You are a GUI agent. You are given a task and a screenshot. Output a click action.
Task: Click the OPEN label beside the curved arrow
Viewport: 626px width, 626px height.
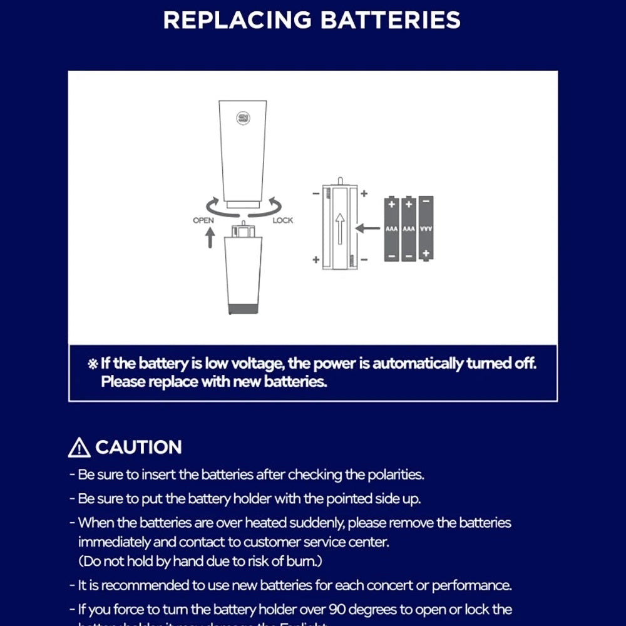203,220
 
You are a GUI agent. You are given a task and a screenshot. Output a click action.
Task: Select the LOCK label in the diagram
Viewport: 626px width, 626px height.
283,220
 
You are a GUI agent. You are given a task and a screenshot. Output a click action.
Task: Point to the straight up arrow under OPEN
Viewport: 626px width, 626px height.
210,237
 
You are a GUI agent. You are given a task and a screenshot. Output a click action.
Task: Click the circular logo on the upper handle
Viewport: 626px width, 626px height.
244,118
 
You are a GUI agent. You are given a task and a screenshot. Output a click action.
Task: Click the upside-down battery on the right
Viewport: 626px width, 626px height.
426,228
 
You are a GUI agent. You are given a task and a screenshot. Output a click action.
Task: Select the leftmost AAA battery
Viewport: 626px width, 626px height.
392,228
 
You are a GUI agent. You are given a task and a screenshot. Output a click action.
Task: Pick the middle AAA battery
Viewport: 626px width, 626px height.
409,228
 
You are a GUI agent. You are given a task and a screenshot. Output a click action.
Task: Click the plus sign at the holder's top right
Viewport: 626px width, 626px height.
364,193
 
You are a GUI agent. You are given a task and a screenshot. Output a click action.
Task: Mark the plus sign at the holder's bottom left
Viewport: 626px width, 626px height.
316,259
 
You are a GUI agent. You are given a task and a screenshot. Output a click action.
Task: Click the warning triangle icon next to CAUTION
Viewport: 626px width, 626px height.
80,448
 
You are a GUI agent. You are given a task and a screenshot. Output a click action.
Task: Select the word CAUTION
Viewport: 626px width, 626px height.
138,448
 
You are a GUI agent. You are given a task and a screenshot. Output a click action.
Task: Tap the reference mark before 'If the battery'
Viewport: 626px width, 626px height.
93,364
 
